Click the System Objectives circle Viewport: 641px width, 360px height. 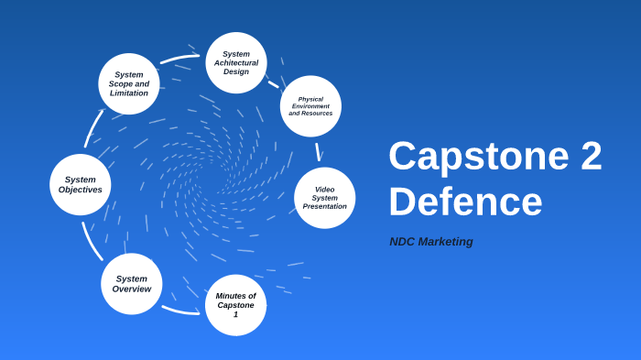(x=81, y=185)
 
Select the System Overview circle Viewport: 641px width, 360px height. (x=132, y=284)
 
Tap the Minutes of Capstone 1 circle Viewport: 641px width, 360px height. (x=235, y=305)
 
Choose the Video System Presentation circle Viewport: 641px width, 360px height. (x=324, y=198)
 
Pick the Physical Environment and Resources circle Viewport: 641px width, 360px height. (x=310, y=106)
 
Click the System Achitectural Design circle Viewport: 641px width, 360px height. (x=236, y=62)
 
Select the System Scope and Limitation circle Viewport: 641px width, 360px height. (x=129, y=84)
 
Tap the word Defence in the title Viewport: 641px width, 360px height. (x=465, y=202)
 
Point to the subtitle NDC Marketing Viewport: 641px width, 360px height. (x=431, y=242)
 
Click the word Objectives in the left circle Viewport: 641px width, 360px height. (x=81, y=191)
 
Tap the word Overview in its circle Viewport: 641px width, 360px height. (x=132, y=289)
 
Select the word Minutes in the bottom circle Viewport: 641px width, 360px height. (x=235, y=296)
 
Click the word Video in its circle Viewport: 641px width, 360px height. (x=325, y=190)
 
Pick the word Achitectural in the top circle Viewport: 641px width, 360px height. (x=236, y=62)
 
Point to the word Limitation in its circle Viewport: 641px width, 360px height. (x=129, y=93)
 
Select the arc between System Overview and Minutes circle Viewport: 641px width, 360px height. (x=179, y=311)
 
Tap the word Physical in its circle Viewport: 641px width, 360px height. (x=310, y=99)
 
